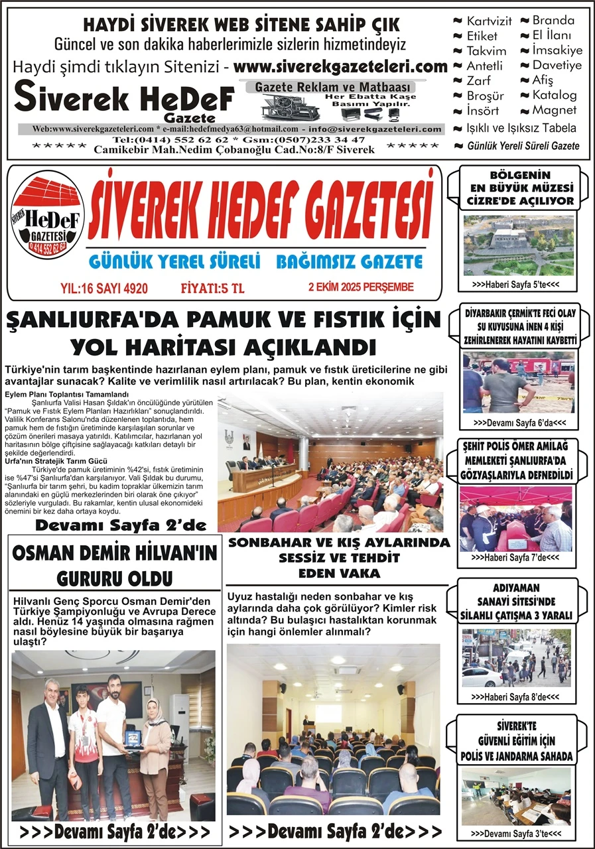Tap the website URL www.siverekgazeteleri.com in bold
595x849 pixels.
pos(340,66)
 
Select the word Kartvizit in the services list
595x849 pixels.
pos(488,21)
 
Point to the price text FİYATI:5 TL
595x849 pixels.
pos(212,287)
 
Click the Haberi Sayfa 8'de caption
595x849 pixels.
pos(515,697)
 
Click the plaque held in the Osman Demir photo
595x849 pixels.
pos(133,737)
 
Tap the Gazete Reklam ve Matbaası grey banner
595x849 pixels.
pos(335,87)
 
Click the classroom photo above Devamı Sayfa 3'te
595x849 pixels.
pos(515,795)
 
